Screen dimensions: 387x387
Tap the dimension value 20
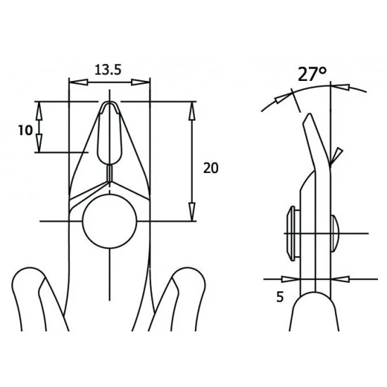[x=210, y=167]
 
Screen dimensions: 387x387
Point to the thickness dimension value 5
[x=279, y=297]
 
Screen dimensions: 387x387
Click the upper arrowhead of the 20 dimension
[x=192, y=108]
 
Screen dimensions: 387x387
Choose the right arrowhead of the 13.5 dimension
[x=144, y=83]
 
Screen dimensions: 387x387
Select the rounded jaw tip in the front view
[x=110, y=107]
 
